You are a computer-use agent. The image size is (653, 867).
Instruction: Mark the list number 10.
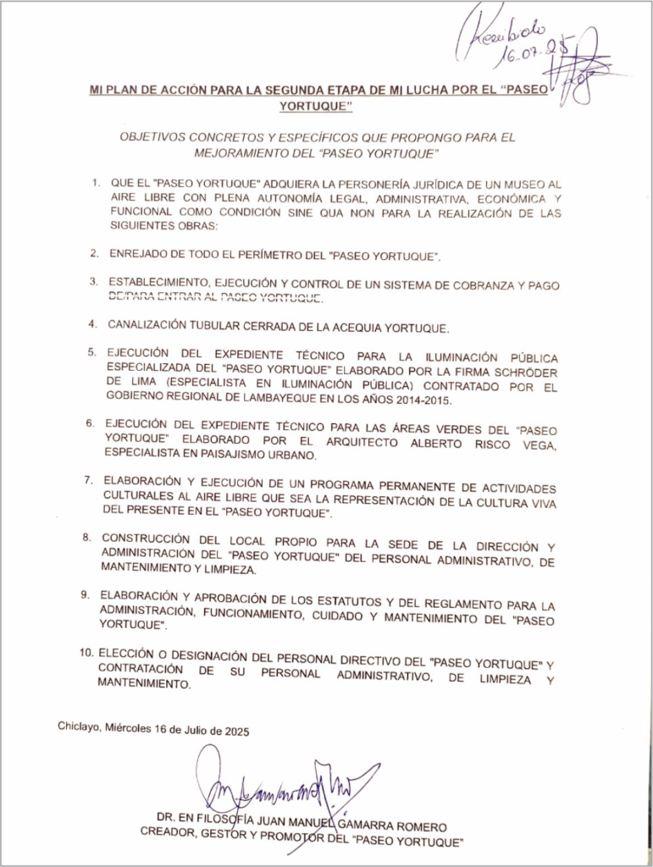86,654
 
